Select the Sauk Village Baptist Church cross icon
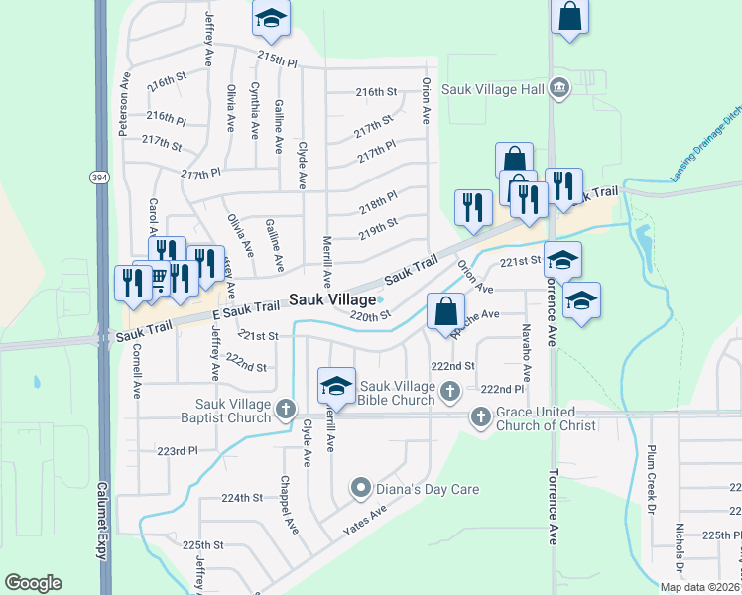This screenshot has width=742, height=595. [x=286, y=408]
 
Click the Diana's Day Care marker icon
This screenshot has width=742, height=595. [x=361, y=488]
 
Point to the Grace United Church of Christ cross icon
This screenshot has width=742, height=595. [x=480, y=416]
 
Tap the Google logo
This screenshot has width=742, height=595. [x=33, y=583]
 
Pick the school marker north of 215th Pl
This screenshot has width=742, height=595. [x=270, y=18]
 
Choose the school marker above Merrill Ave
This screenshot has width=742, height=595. [x=336, y=385]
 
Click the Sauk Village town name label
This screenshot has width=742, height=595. [x=333, y=299]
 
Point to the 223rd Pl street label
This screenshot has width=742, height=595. [x=178, y=451]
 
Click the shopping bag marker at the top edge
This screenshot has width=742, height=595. [x=569, y=16]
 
